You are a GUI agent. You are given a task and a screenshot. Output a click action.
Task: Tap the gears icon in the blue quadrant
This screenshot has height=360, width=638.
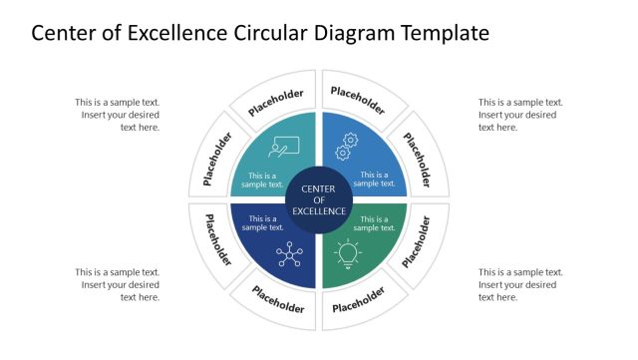pyautogui.click(x=347, y=146)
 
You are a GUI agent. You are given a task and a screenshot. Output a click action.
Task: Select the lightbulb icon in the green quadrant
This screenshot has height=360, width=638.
pyautogui.click(x=348, y=254)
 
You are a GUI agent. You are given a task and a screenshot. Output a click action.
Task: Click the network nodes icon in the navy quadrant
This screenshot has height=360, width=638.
pyautogui.click(x=290, y=255)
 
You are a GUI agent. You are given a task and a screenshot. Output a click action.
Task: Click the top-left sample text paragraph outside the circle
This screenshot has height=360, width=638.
pyautogui.click(x=118, y=115)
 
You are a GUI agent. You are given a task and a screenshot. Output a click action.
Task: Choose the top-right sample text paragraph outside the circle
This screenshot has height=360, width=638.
pyautogui.click(x=520, y=115)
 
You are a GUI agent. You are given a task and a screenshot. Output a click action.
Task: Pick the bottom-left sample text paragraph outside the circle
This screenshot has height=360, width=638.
pyautogui.click(x=118, y=284)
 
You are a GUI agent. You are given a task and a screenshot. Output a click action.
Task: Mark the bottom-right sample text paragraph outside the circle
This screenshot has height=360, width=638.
pyautogui.click(x=520, y=284)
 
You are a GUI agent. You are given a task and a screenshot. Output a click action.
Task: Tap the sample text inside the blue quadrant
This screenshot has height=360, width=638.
pyautogui.click(x=375, y=180)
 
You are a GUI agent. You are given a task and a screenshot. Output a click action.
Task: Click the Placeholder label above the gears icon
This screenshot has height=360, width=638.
pyautogui.click(x=358, y=101)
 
